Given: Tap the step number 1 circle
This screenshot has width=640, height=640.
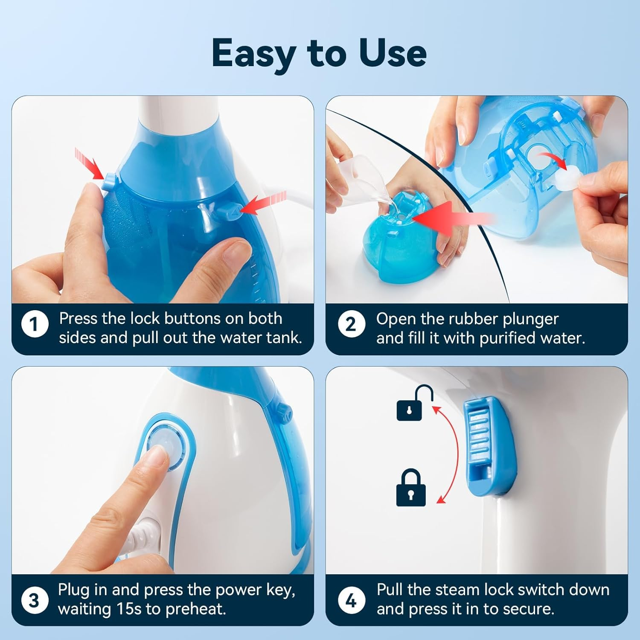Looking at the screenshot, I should coord(35,324).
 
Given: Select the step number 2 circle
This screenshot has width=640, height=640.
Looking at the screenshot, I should coord(351,324).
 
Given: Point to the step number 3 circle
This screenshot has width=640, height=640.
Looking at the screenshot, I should coord(35,600).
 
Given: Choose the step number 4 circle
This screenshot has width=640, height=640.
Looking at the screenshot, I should coord(351,600).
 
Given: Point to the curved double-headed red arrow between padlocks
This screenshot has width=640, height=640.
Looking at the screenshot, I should coord(451,455).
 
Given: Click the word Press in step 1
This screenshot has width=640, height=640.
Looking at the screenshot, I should coord(78,319).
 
